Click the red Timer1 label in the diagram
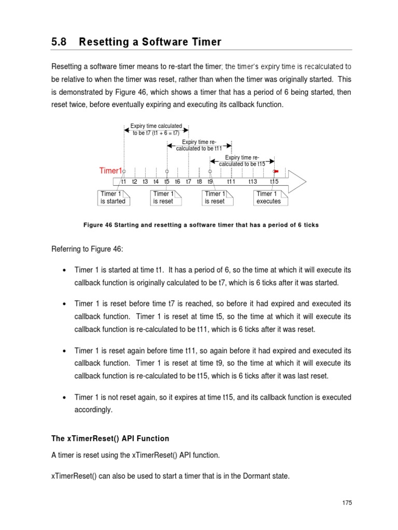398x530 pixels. click(110, 171)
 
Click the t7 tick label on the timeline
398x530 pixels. click(189, 182)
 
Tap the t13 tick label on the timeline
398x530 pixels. click(252, 182)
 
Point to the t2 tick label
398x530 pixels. click(135, 182)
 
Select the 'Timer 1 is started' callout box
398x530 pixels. click(113, 198)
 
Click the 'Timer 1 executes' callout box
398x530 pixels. click(269, 198)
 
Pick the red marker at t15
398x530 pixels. click(276, 171)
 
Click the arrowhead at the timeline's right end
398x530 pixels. click(300, 181)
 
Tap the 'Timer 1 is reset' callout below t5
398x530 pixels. click(165, 198)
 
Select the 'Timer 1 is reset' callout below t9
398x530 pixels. click(217, 198)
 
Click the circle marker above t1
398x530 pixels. click(124, 171)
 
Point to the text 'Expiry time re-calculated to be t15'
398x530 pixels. click(242, 160)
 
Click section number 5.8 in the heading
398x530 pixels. click(59, 42)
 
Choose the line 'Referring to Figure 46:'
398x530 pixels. click(87, 249)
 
